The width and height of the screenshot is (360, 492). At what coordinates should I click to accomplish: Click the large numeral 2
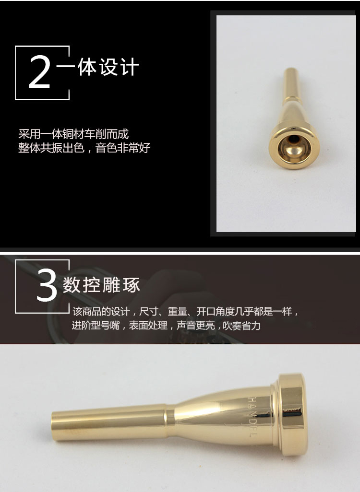(39, 71)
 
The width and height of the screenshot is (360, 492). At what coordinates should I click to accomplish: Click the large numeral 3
(47, 285)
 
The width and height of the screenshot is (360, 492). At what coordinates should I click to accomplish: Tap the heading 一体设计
(98, 67)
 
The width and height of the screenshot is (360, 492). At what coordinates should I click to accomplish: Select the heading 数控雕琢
(101, 285)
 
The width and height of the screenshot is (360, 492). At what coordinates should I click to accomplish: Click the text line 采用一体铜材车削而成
(73, 134)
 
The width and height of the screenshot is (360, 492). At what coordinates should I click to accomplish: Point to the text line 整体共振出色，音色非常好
(84, 148)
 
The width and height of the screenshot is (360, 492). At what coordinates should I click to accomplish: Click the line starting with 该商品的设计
(185, 311)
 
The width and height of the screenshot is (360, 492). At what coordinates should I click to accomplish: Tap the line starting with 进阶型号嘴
(166, 326)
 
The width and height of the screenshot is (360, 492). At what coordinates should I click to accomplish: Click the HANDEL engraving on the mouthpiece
(253, 416)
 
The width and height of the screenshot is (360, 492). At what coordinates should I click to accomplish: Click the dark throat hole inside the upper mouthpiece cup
(293, 140)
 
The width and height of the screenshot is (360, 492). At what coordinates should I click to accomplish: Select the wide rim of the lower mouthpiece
(293, 414)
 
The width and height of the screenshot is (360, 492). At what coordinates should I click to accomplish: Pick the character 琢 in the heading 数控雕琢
(132, 285)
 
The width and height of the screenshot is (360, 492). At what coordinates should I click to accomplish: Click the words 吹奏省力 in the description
(241, 326)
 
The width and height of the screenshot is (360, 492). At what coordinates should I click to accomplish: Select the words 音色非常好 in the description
(123, 148)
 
